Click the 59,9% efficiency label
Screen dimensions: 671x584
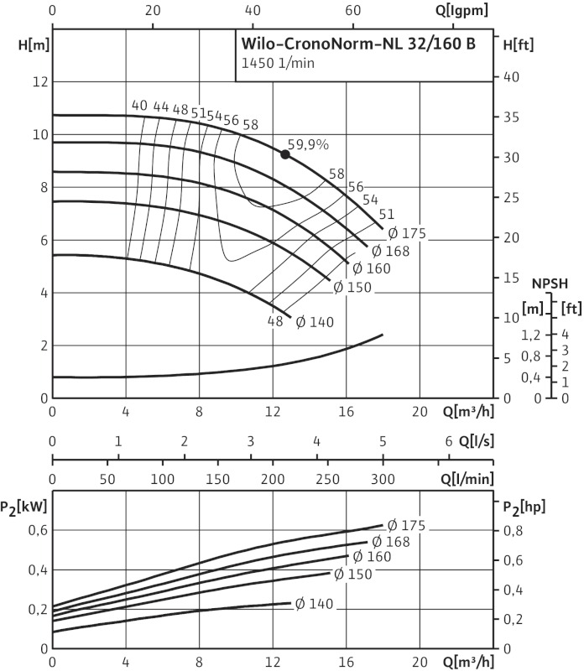(x=308, y=143)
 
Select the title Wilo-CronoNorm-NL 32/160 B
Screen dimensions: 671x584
(x=362, y=45)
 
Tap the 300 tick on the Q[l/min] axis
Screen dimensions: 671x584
(x=383, y=478)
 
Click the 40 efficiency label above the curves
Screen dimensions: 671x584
(x=139, y=106)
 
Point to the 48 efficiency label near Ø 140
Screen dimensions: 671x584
(x=275, y=321)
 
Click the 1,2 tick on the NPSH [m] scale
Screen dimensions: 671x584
(x=530, y=335)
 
